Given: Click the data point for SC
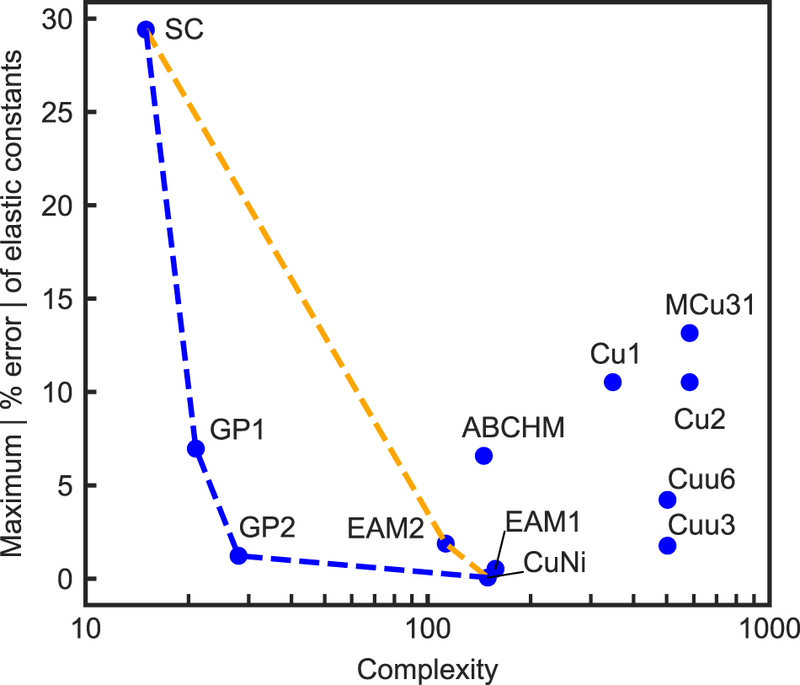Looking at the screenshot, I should [x=146, y=29].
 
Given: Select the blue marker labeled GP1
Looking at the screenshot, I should [x=195, y=448].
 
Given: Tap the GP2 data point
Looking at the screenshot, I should [x=238, y=555].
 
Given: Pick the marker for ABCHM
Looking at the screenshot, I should [x=483, y=456].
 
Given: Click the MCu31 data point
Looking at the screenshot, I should [x=690, y=333].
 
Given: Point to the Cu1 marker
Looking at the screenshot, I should [x=613, y=382].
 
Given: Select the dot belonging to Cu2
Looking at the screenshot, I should [x=690, y=382].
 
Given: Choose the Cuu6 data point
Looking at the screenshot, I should [x=667, y=500].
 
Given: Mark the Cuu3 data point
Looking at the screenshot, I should [x=667, y=545].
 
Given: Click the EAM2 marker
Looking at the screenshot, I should [x=445, y=543].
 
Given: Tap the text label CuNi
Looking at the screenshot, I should [x=554, y=562].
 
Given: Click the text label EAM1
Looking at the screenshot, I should [x=542, y=522].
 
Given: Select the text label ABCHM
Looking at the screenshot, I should [x=513, y=427].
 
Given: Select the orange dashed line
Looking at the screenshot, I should [x=295, y=286].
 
